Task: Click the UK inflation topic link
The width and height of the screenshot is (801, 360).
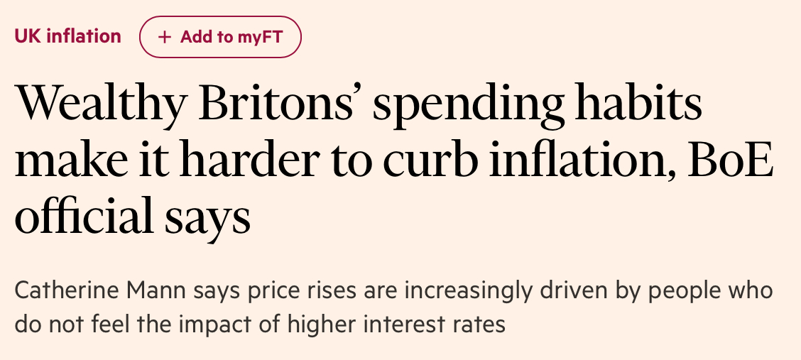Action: coord(67,36)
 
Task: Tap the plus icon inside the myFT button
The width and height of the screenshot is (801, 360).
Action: coord(165,37)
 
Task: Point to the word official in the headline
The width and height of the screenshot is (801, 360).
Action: coord(86,219)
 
